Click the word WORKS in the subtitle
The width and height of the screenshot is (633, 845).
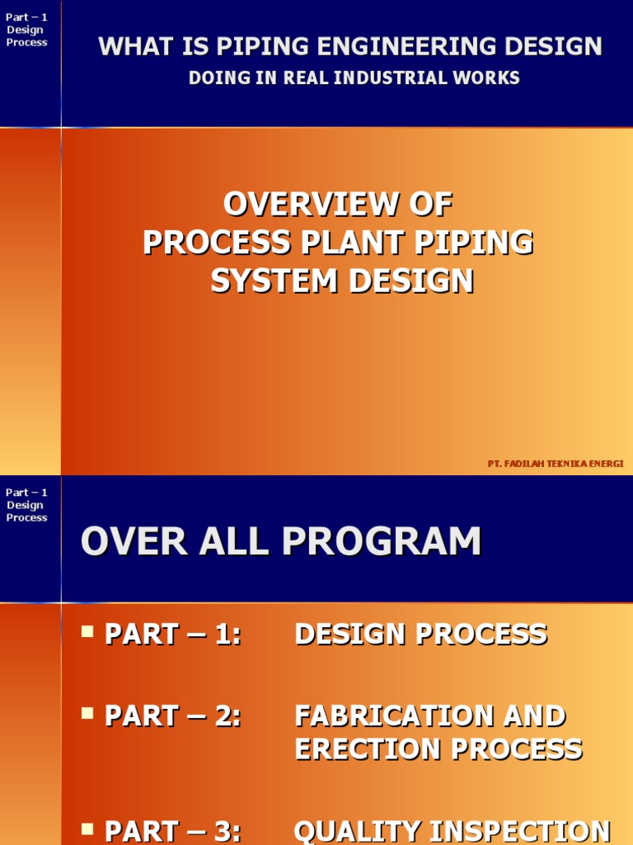(x=487, y=78)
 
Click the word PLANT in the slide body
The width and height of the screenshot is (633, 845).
(x=350, y=243)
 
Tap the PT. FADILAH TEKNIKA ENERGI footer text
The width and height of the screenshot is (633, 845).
(x=556, y=464)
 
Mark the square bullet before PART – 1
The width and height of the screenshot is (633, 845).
(x=87, y=632)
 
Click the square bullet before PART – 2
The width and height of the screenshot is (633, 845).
(x=87, y=714)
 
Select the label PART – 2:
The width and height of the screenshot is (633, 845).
(x=173, y=716)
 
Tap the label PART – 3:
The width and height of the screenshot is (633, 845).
(x=173, y=832)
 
